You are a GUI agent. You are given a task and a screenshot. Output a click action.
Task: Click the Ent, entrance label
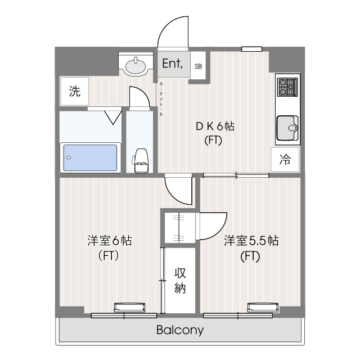[172, 64]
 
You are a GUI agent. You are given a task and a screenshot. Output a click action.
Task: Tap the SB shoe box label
[198, 66]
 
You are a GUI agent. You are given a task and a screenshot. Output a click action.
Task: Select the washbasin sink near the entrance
[137, 66]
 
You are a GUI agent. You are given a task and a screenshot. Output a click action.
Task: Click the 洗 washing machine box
[75, 92]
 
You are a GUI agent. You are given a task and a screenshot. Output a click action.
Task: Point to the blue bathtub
[90, 157]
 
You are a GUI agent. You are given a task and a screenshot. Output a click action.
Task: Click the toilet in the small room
[140, 160]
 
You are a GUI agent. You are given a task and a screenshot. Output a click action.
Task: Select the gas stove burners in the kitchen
[287, 87]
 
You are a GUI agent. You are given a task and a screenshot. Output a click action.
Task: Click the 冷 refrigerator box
[285, 160]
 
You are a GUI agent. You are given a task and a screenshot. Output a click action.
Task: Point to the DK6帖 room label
[214, 127]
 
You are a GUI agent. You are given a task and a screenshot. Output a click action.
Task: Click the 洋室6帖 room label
[109, 241]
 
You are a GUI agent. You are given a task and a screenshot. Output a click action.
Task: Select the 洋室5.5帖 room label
[251, 241]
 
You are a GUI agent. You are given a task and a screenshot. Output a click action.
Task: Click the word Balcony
[180, 330]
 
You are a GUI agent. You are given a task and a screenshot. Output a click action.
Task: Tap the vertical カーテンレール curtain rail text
[161, 98]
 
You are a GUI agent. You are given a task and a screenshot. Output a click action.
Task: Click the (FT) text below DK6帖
[214, 141]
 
